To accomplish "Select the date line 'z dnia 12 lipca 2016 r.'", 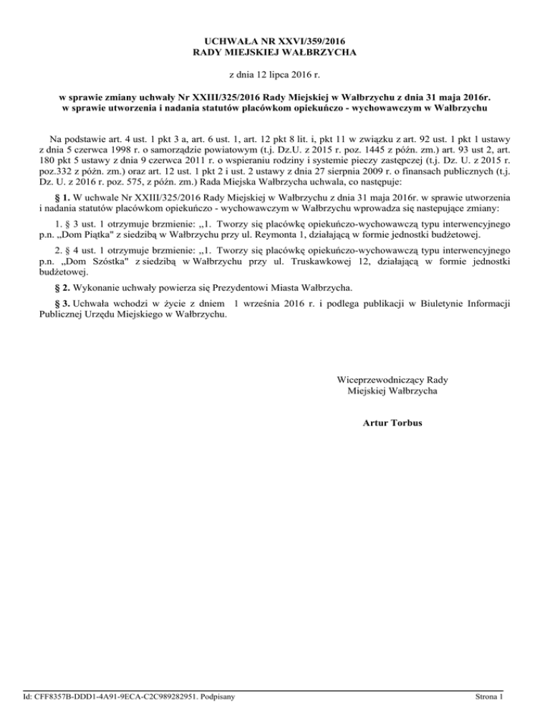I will tap(275, 74).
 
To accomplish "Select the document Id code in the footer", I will tap(115, 696).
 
